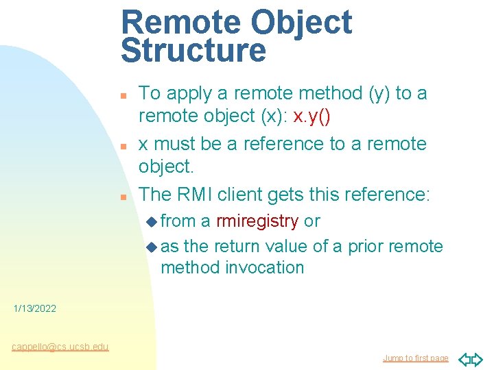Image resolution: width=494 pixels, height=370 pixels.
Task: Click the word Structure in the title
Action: click(193, 51)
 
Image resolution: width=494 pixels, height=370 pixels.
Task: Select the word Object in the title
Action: click(301, 23)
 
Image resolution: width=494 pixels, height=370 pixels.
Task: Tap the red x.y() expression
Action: click(311, 116)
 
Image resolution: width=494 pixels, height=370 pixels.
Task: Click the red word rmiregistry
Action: click(257, 221)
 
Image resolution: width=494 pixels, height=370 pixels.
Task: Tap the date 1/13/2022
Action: click(35, 309)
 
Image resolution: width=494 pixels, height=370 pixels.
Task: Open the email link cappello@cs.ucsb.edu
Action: click(60, 347)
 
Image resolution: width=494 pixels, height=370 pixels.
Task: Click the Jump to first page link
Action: click(415, 358)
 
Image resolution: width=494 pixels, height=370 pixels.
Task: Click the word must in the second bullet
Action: click(171, 144)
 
